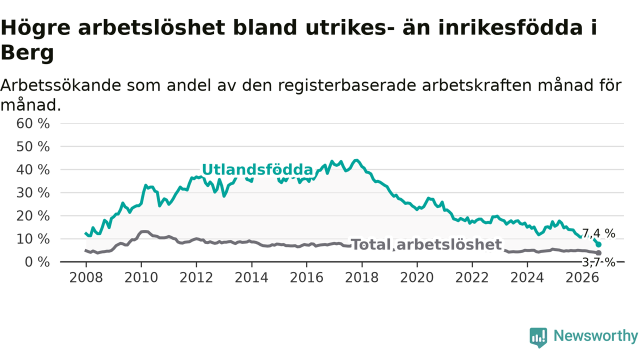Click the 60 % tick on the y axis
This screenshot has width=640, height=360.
(33, 123)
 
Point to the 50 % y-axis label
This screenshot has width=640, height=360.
(33, 147)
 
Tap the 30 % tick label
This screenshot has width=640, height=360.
(33, 193)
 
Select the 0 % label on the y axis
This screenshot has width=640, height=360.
(37, 262)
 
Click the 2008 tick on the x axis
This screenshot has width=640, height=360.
(86, 277)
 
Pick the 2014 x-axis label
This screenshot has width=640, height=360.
(251, 277)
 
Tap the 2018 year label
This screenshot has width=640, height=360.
(361, 277)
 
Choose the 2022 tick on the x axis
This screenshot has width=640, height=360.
(472, 277)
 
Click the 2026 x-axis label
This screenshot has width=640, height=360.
(582, 277)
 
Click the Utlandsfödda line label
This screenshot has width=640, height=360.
(257, 169)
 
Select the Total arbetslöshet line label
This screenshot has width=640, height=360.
(426, 244)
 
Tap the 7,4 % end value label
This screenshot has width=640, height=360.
(599, 233)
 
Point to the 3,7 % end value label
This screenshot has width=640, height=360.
(599, 262)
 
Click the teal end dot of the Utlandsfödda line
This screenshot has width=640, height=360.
(598, 244)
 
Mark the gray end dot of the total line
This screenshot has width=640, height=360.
(598, 253)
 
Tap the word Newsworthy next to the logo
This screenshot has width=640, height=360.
(596, 335)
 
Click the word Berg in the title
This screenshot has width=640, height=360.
(27, 53)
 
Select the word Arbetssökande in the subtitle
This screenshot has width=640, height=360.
(61, 85)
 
